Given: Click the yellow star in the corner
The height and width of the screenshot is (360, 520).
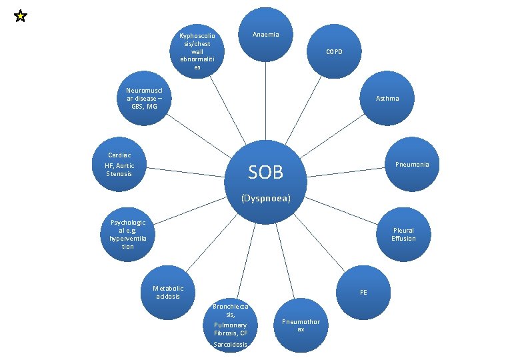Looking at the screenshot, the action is coord(20,16).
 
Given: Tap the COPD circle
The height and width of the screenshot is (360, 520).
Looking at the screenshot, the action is coord(334,52).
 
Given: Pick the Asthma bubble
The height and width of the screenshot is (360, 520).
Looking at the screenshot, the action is coord(387,98).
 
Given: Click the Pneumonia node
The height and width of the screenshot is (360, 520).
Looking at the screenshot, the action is coord(411,164).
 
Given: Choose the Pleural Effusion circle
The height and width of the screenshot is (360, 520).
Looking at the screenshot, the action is coord(403,234).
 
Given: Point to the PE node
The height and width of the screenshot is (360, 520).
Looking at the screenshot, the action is coord(363,292).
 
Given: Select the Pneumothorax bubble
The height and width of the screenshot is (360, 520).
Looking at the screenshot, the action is coord(301,325).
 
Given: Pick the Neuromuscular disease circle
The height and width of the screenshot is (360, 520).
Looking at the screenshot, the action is coord(144,98).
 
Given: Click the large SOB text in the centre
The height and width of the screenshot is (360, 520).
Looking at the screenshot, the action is coord(265,173).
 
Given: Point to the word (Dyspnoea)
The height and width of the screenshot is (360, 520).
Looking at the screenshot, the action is coord(265,198).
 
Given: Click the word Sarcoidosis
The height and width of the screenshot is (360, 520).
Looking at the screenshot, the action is coord(231,345).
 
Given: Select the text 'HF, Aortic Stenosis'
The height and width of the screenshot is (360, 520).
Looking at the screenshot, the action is coord(119,169).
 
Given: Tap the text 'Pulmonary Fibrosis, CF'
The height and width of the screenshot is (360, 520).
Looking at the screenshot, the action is coord(231,329).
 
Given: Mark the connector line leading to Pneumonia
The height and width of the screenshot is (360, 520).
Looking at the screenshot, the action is coord(347,171).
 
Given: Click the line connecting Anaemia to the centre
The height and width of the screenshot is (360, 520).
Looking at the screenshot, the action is coord(265,100).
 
